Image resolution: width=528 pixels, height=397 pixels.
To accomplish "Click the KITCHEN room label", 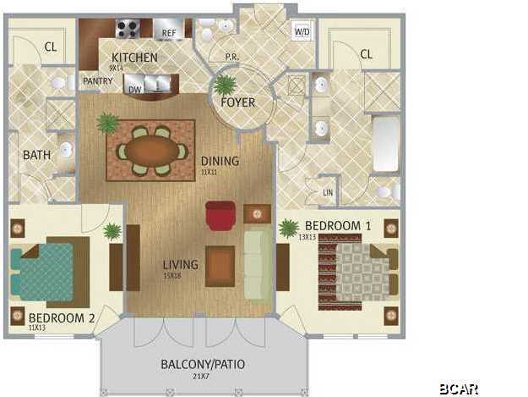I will (134, 58).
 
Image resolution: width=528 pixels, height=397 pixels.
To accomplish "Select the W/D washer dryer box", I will (302, 31).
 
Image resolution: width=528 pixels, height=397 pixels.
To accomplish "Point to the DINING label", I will (220, 161).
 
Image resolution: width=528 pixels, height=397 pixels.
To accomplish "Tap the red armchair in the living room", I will (220, 215).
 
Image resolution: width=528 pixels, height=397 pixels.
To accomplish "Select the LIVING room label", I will (181, 265).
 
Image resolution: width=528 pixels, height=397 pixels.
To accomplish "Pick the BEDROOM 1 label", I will (338, 226).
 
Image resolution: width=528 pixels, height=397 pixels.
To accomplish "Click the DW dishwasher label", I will (133, 87).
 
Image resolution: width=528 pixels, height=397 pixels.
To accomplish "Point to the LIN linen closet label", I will (328, 192).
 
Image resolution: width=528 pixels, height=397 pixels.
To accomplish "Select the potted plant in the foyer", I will (225, 85).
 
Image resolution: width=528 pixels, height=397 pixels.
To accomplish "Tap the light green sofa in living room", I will (257, 262).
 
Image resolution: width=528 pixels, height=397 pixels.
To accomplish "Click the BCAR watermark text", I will (459, 389).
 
